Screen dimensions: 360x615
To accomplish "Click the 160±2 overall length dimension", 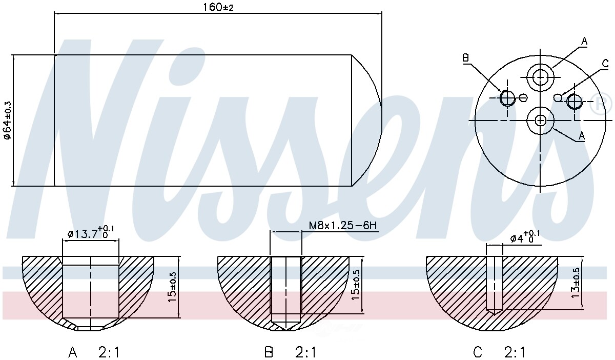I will pyautogui.click(x=218, y=8).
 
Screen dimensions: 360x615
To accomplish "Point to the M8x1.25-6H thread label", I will pyautogui.click(x=344, y=226).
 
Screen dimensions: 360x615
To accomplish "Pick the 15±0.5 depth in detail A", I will pyautogui.click(x=173, y=287).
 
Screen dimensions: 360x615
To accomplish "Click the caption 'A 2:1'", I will pyautogui.click(x=94, y=352).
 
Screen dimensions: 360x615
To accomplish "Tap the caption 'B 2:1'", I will pyautogui.click(x=290, y=352).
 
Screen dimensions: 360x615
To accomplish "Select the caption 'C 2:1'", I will pyautogui.click(x=499, y=352).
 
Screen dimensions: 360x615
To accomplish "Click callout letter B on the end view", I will pyautogui.click(x=466, y=58).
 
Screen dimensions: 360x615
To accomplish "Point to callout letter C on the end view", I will pyautogui.click(x=605, y=64).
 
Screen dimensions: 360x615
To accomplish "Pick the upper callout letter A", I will pyautogui.click(x=584, y=41).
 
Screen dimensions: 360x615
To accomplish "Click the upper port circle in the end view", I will pyautogui.click(x=541, y=77).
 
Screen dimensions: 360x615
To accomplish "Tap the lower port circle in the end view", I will pyautogui.click(x=541, y=120).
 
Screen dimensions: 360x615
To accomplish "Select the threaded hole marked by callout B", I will pyautogui.click(x=507, y=97).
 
